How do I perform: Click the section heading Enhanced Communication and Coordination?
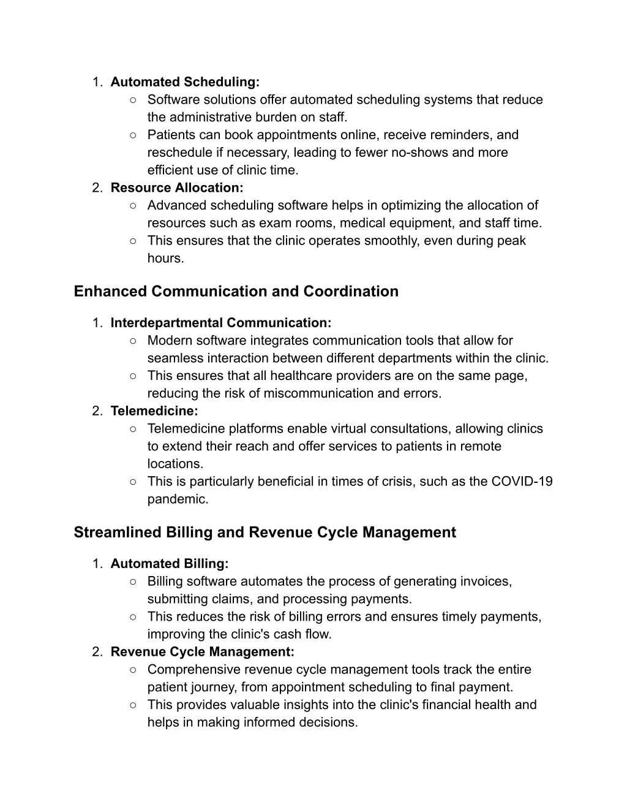pyautogui.click(x=236, y=291)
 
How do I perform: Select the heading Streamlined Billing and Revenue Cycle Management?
pyautogui.click(x=265, y=532)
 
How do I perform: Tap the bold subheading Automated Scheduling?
pyautogui.click(x=185, y=82)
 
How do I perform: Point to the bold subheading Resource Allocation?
pyautogui.click(x=177, y=188)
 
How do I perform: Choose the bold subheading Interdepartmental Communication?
pyautogui.click(x=221, y=322)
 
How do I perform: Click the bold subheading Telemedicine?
pyautogui.click(x=154, y=411)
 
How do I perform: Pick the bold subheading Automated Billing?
pyautogui.click(x=170, y=563)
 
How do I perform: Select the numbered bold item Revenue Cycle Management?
pyautogui.click(x=203, y=651)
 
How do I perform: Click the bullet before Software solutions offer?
pyautogui.click(x=133, y=100)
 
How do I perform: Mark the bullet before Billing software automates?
pyautogui.click(x=133, y=582)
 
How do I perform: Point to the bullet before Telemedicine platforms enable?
pyautogui.click(x=133, y=429)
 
